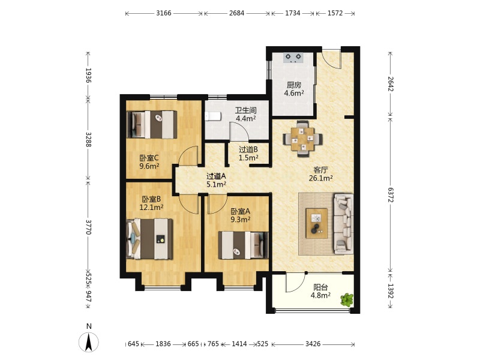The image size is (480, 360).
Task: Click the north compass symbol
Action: pos(89,341)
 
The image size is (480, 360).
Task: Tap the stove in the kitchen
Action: pos(293,58)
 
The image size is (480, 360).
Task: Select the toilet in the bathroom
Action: pos(213,116)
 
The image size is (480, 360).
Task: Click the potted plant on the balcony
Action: pos(347,300)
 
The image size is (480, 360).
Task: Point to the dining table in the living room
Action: pos(302,139)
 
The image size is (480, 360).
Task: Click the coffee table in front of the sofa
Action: pos(317,223)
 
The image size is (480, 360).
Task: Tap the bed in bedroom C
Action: pos(152,125)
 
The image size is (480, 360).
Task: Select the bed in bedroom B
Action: pos(149,238)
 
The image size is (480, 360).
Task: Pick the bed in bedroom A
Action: pos(244,245)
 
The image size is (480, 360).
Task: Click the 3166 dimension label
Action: pos(164,13)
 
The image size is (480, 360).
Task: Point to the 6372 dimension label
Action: pos(391,194)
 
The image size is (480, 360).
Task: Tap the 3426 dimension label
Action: pos(313,344)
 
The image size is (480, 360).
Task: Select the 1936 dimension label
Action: pos(88,76)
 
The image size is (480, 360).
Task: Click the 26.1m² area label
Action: pos(321,178)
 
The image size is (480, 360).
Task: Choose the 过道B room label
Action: pos(248,149)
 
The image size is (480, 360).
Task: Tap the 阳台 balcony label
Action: pos(320,287)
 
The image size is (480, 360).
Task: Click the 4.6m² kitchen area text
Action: pos(294,93)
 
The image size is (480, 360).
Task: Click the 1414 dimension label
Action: pos(239,344)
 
